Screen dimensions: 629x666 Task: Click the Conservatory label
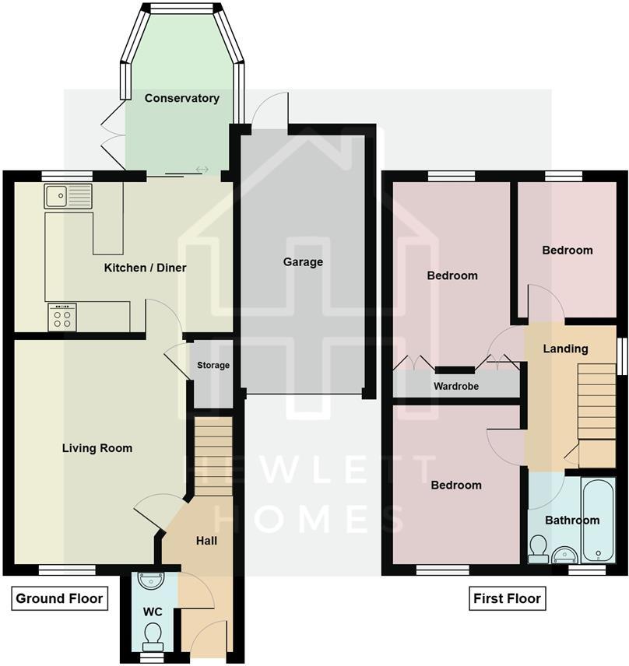click(182, 98)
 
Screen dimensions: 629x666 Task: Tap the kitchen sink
click(68, 196)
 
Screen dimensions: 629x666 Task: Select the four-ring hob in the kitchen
click(62, 317)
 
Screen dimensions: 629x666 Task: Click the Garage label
click(303, 261)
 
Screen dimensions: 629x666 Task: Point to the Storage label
click(213, 365)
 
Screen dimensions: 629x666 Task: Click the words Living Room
click(97, 448)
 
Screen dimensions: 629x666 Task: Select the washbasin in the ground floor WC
click(152, 580)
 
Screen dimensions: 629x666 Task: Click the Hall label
click(206, 541)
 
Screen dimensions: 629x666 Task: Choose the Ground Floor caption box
click(59, 598)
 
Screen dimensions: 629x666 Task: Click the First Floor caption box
click(508, 598)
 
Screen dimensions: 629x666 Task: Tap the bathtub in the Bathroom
click(599, 520)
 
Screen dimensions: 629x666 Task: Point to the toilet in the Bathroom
click(539, 549)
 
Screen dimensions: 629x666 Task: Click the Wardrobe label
click(456, 386)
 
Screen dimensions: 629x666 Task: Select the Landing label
click(566, 349)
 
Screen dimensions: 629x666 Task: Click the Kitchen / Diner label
click(146, 268)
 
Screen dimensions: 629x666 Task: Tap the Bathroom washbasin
click(565, 555)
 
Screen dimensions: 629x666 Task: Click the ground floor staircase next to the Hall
click(213, 456)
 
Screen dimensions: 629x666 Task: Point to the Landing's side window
click(622, 356)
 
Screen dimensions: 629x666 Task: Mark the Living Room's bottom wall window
click(67, 570)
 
